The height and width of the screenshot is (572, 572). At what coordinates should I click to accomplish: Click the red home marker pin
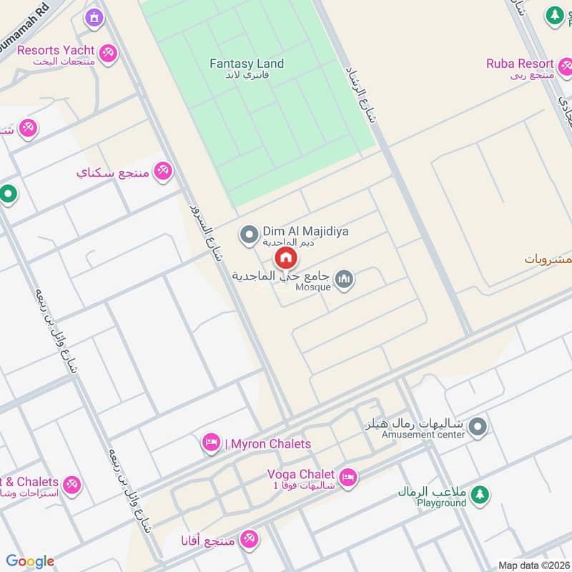(x=285, y=257)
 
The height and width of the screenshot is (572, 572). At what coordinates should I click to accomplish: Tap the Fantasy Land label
(x=247, y=64)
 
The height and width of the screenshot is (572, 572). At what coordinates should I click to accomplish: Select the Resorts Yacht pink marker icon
(x=108, y=53)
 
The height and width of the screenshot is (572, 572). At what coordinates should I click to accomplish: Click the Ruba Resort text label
(x=520, y=64)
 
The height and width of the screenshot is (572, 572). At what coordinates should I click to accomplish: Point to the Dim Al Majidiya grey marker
(x=249, y=234)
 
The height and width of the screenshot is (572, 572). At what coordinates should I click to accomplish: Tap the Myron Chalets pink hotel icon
(x=211, y=444)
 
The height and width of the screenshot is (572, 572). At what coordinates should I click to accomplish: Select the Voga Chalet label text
(x=300, y=474)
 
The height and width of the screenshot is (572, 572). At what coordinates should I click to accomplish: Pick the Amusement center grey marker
(x=478, y=427)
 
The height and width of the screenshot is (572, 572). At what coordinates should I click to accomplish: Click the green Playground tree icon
(x=480, y=494)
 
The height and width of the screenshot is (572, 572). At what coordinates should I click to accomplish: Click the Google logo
(x=30, y=561)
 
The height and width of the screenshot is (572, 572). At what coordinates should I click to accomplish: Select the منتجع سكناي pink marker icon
(x=164, y=171)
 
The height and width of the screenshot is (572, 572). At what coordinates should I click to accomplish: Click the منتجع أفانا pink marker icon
(x=249, y=539)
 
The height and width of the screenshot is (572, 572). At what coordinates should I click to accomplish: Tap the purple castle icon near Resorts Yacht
(x=94, y=17)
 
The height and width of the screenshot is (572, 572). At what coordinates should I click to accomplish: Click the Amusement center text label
(x=423, y=434)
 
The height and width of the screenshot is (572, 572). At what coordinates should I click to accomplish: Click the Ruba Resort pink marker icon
(x=565, y=67)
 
